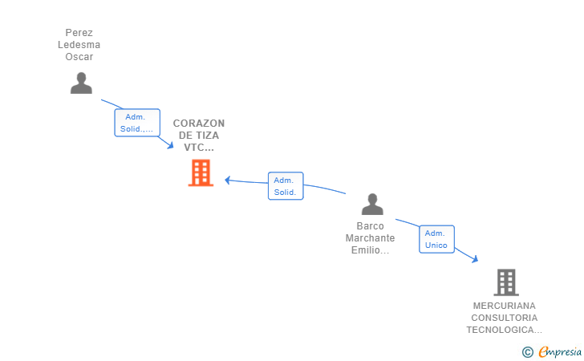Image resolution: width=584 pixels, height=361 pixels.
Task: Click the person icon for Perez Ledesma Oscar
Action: [81, 83]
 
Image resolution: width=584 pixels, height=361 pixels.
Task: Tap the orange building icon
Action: [201, 172]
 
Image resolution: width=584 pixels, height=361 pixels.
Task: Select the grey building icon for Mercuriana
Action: [505, 282]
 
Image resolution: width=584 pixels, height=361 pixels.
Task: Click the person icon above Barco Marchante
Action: [372, 205]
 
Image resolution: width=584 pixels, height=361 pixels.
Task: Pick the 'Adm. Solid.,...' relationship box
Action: [137, 123]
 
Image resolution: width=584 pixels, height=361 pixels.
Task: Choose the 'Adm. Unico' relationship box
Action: [436, 239]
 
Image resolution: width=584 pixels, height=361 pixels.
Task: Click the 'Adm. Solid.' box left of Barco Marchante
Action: [286, 186]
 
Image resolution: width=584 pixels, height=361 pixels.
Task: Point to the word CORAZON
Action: [199, 124]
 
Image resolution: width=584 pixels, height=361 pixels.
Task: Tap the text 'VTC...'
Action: [199, 148]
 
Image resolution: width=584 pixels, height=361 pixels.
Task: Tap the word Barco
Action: [371, 226]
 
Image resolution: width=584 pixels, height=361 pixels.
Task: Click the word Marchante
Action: [371, 238]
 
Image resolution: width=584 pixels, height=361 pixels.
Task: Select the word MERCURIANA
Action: [505, 306]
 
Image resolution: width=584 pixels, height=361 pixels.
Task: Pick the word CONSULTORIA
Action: [505, 318]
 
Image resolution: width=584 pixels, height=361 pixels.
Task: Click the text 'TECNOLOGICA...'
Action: [505, 330]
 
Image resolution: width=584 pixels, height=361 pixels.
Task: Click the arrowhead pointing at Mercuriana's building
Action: [475, 259]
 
